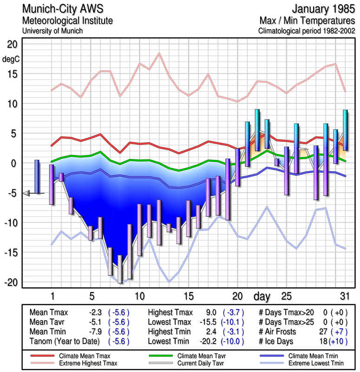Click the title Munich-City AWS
(x=63, y=9)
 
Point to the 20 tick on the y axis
(x=12, y=44)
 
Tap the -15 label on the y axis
(x=10, y=252)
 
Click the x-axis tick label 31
(x=344, y=296)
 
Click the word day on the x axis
(x=262, y=296)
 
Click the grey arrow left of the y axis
(x=26, y=193)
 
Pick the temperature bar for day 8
(x=120, y=269)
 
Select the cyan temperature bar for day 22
(x=257, y=130)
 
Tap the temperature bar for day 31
(x=345, y=130)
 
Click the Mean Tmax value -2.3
(x=95, y=312)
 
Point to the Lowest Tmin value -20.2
(x=209, y=342)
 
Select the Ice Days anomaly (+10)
(x=338, y=342)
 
